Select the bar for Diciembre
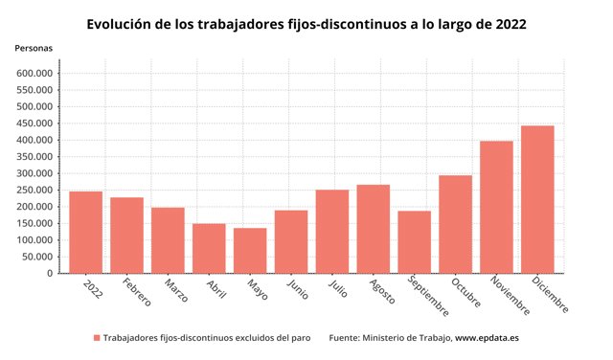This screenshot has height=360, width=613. point(537,199)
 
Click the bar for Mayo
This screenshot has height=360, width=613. point(250,251)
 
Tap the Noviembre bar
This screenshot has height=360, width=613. point(496,207)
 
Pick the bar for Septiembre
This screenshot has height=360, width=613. point(415,242)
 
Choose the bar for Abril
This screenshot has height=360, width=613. point(209,249)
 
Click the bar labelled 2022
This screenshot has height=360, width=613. point(86,233)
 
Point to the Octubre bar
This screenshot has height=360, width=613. point(456,224)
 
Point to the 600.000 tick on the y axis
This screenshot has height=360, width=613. point(34,74)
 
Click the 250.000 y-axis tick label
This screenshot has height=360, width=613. point(34,191)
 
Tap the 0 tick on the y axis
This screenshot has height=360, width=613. point(50,274)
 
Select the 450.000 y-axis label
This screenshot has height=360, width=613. point(34,124)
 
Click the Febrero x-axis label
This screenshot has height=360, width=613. point(136,292)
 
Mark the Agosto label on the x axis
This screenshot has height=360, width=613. point(382,291)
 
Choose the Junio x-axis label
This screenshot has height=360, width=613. point(298,289)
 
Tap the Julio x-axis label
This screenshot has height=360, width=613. point(338,288)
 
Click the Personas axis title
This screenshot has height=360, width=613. point(34,48)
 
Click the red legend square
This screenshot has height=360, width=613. point(97,338)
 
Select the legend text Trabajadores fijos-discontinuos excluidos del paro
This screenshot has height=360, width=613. point(207,338)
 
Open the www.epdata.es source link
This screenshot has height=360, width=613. point(487,338)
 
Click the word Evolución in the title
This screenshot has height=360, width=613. point(117,24)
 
